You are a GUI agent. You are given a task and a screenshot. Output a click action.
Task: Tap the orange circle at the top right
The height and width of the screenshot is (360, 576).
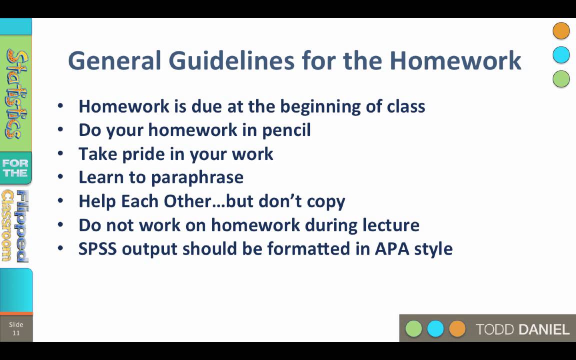tap(561, 31)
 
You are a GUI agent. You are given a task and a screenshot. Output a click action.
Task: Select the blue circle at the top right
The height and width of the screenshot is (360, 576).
tap(561, 55)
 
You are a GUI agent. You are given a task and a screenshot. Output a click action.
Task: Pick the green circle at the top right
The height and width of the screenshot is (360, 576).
tap(561, 79)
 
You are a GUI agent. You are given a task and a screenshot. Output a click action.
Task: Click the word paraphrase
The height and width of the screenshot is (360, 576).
tap(197, 177)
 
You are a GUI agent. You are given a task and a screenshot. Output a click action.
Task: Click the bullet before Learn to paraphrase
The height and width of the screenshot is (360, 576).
tap(60, 177)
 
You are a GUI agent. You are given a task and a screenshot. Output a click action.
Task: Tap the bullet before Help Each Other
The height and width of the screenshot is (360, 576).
tap(60, 201)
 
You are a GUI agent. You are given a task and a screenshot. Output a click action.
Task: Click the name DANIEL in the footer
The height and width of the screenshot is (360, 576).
tap(544, 329)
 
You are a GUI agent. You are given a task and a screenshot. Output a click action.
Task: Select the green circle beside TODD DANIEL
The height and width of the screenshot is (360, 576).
tap(413, 329)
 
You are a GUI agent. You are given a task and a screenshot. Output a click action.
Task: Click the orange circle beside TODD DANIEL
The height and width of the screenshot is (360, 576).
tap(457, 329)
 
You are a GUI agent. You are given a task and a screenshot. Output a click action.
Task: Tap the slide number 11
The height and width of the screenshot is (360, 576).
tap(16, 333)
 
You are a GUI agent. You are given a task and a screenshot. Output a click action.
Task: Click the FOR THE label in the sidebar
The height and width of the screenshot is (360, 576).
tap(15, 168)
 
